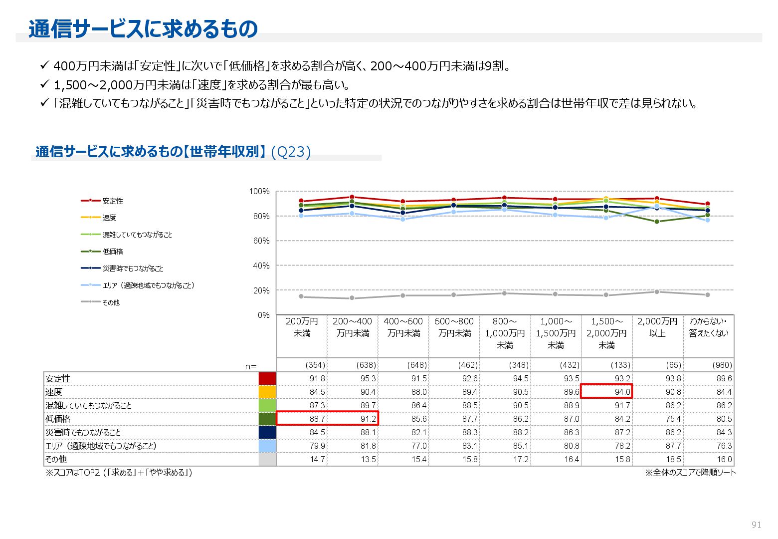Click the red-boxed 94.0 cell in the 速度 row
click(x=607, y=392)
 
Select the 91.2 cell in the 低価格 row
click(x=353, y=419)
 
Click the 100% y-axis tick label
click(x=259, y=192)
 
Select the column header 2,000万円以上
click(x=657, y=327)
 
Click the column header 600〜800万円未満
click(x=454, y=327)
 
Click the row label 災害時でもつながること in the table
click(x=83, y=432)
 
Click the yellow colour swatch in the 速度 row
click(x=267, y=392)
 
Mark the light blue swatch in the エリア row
click(x=267, y=446)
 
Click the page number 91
click(x=756, y=525)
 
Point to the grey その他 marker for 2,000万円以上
click(x=657, y=292)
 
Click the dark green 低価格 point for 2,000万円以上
click(x=657, y=222)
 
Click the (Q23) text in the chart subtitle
click(x=291, y=152)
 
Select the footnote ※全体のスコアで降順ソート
click(x=690, y=473)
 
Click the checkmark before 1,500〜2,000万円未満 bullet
click(x=44, y=84)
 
